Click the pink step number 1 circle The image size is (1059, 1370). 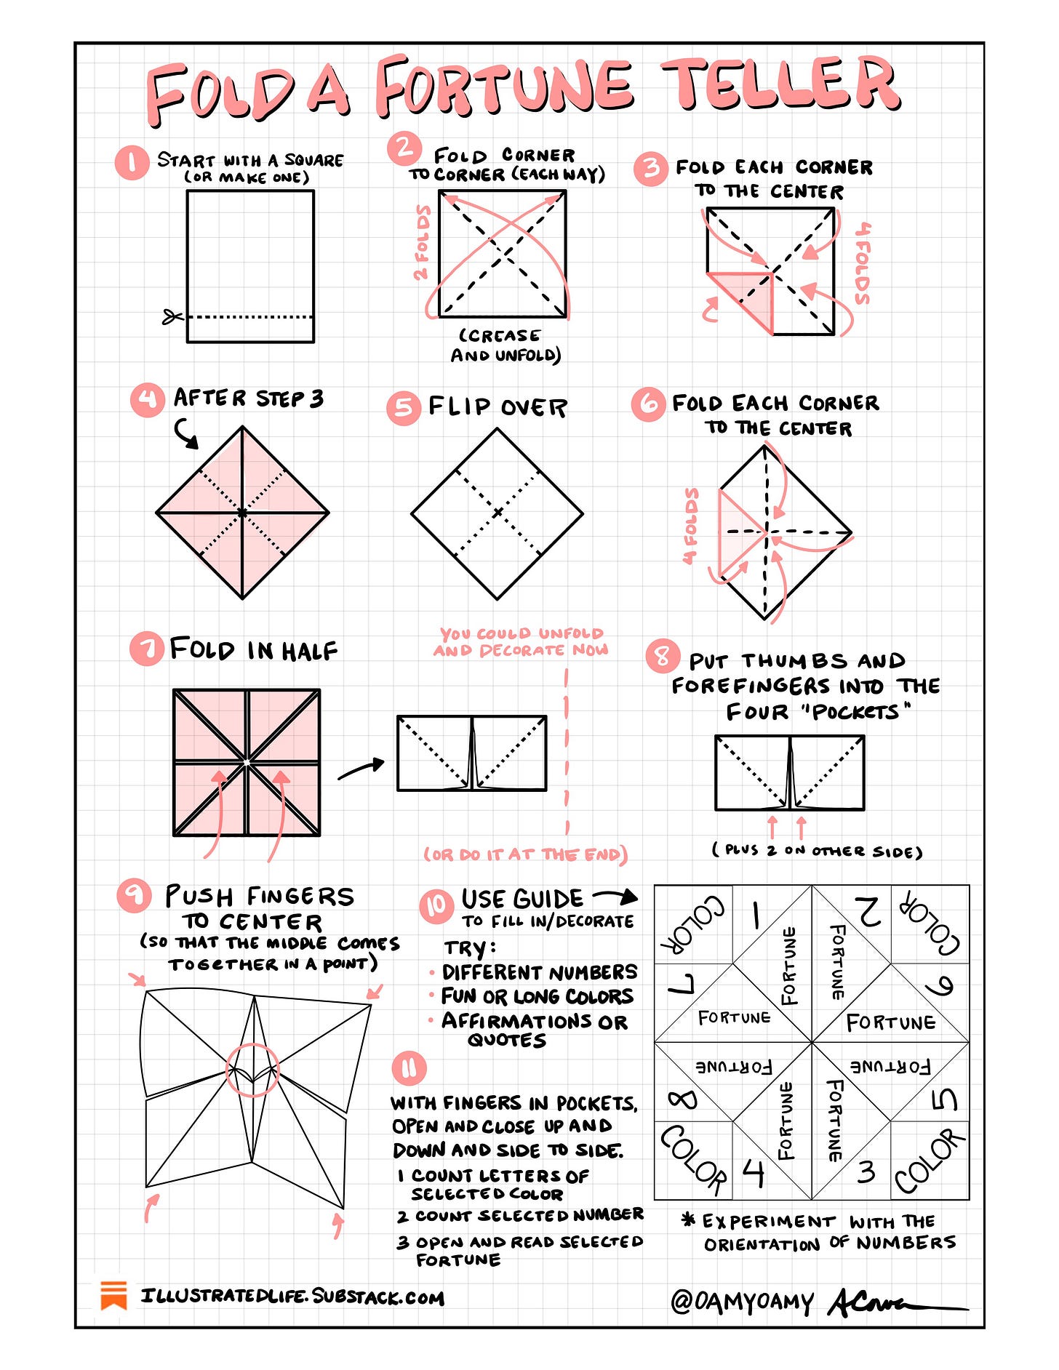click(132, 163)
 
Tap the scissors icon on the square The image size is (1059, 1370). click(172, 317)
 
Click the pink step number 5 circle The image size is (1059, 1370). click(404, 407)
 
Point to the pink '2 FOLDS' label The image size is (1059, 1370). click(422, 243)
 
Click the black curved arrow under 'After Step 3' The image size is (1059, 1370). click(186, 433)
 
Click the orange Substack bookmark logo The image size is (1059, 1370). click(114, 1296)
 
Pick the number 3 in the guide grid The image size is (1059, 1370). click(866, 1171)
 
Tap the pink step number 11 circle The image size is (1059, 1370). click(409, 1068)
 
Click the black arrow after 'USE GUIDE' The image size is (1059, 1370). click(615, 896)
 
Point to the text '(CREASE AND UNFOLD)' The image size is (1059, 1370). click(505, 345)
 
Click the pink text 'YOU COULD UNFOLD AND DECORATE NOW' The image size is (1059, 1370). click(521, 642)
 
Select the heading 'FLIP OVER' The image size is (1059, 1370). click(497, 407)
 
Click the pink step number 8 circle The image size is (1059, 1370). click(662, 657)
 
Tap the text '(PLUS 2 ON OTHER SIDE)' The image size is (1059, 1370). click(817, 850)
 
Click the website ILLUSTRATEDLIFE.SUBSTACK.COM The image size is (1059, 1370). click(292, 1297)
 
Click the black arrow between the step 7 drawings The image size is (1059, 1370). click(361, 769)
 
